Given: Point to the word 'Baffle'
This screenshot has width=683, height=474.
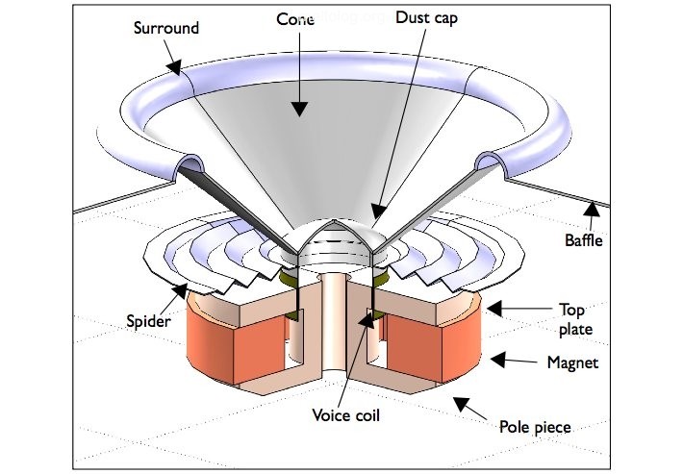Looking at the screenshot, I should (x=584, y=240).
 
